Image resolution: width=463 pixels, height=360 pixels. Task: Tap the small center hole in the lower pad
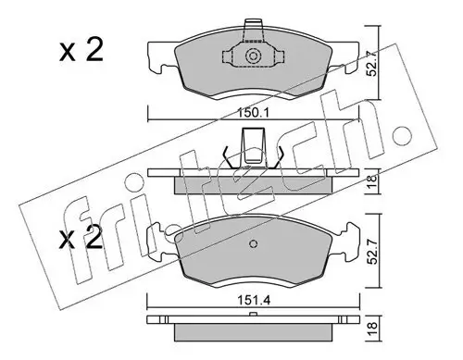[255, 245]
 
